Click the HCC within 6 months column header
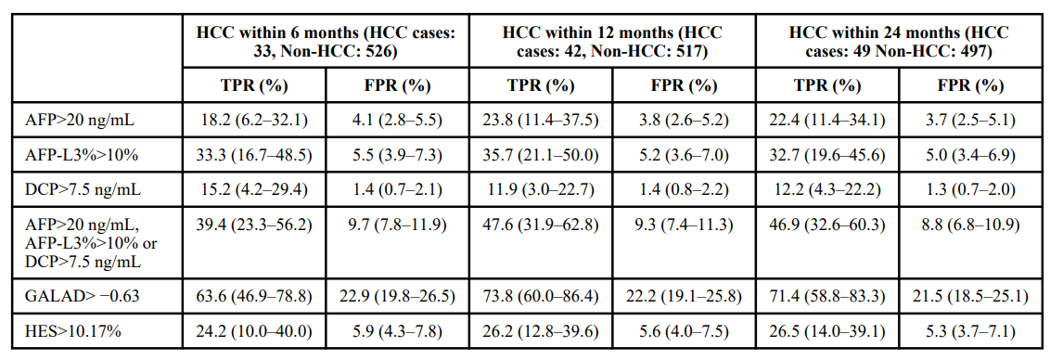[x=327, y=41]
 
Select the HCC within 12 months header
[x=613, y=41]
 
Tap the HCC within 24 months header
[x=899, y=41]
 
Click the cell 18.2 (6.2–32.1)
[x=254, y=120]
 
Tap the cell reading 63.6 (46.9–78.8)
[x=254, y=295]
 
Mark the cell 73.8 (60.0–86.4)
[x=541, y=295]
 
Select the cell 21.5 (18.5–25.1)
[x=969, y=295]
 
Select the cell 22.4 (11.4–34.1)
[x=827, y=120]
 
